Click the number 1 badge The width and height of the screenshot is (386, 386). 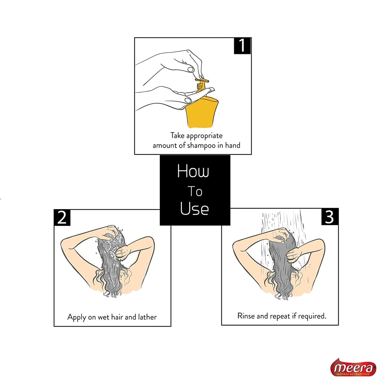[x=242, y=46]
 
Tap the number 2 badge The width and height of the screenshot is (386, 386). [x=62, y=217]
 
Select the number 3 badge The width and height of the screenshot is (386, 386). [x=330, y=217]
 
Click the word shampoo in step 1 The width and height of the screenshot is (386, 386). [x=202, y=146]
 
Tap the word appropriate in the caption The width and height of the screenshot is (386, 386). [x=204, y=136]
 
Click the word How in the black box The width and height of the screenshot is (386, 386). [x=193, y=171]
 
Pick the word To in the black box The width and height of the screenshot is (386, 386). [x=195, y=191]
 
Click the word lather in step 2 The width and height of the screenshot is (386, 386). [x=147, y=317]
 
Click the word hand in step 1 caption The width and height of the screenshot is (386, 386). [x=233, y=145]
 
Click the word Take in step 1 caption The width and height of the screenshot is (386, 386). [x=177, y=135]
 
